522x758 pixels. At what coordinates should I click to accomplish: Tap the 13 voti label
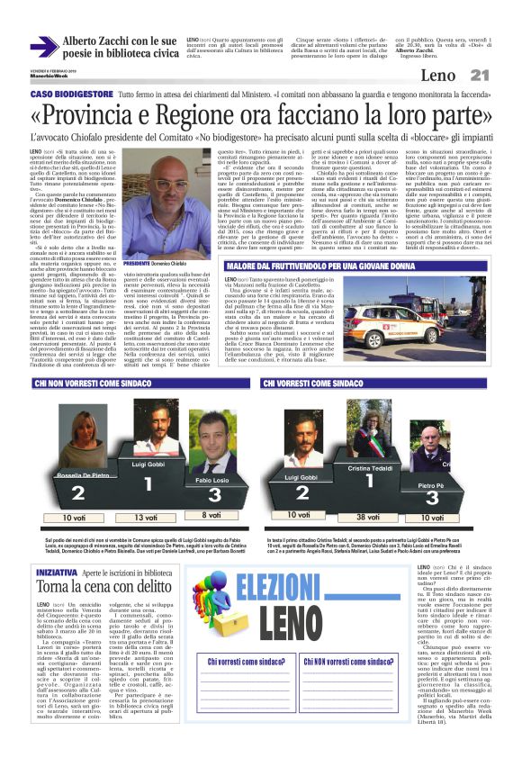pos(141,518)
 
